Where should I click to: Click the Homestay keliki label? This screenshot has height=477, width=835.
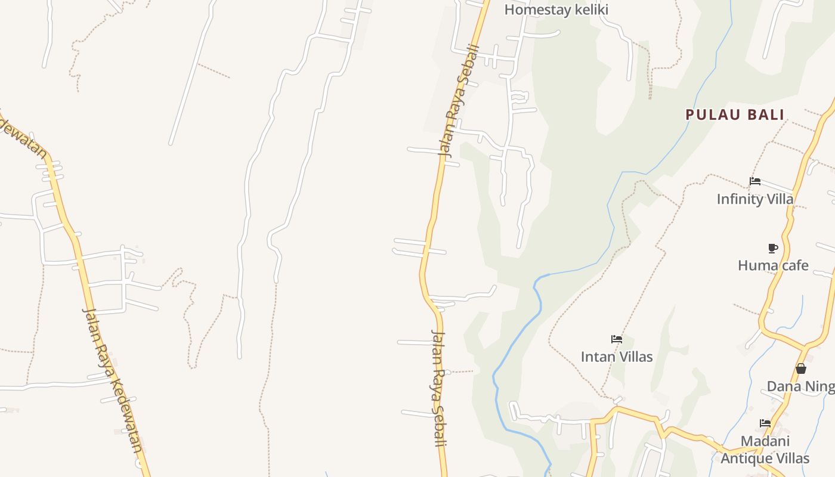556,10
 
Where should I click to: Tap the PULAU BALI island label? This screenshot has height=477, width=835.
734,114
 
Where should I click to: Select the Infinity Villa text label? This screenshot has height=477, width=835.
755,199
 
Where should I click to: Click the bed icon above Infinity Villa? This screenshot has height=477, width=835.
755,181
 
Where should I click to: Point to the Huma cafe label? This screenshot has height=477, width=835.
773,265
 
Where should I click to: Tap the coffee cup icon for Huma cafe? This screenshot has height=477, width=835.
773,248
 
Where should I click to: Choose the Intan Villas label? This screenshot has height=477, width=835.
617,357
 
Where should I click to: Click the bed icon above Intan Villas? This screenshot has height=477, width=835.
617,339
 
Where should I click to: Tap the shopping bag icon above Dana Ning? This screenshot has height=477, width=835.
801,369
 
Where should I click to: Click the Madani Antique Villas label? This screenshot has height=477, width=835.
765,450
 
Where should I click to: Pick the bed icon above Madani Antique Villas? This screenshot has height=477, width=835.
765,423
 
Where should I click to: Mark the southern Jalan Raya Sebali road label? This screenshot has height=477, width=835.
439,388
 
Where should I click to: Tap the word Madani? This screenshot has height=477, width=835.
765,441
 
